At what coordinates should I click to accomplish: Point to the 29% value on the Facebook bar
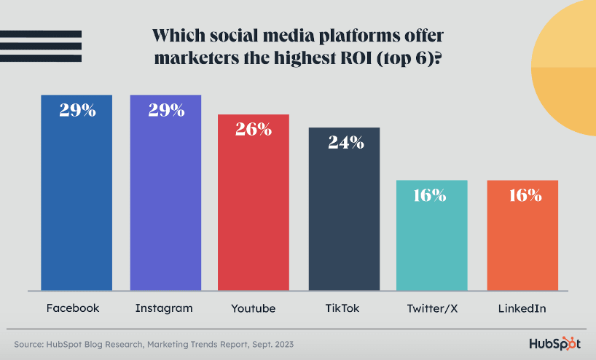pos(77,111)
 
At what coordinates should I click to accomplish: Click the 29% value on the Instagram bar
pos(166,111)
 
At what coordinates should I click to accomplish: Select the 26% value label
pos(254,130)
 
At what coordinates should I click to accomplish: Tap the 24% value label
pos(345,142)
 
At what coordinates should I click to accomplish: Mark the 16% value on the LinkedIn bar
pos(524,195)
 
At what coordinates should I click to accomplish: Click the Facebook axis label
pos(73,308)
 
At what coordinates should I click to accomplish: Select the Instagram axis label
pos(164,308)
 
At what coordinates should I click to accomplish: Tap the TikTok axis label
pos(343,308)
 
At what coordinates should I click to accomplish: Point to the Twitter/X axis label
pos(432,308)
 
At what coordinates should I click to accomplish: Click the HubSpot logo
pos(554,343)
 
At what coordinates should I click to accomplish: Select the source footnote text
pos(154,343)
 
